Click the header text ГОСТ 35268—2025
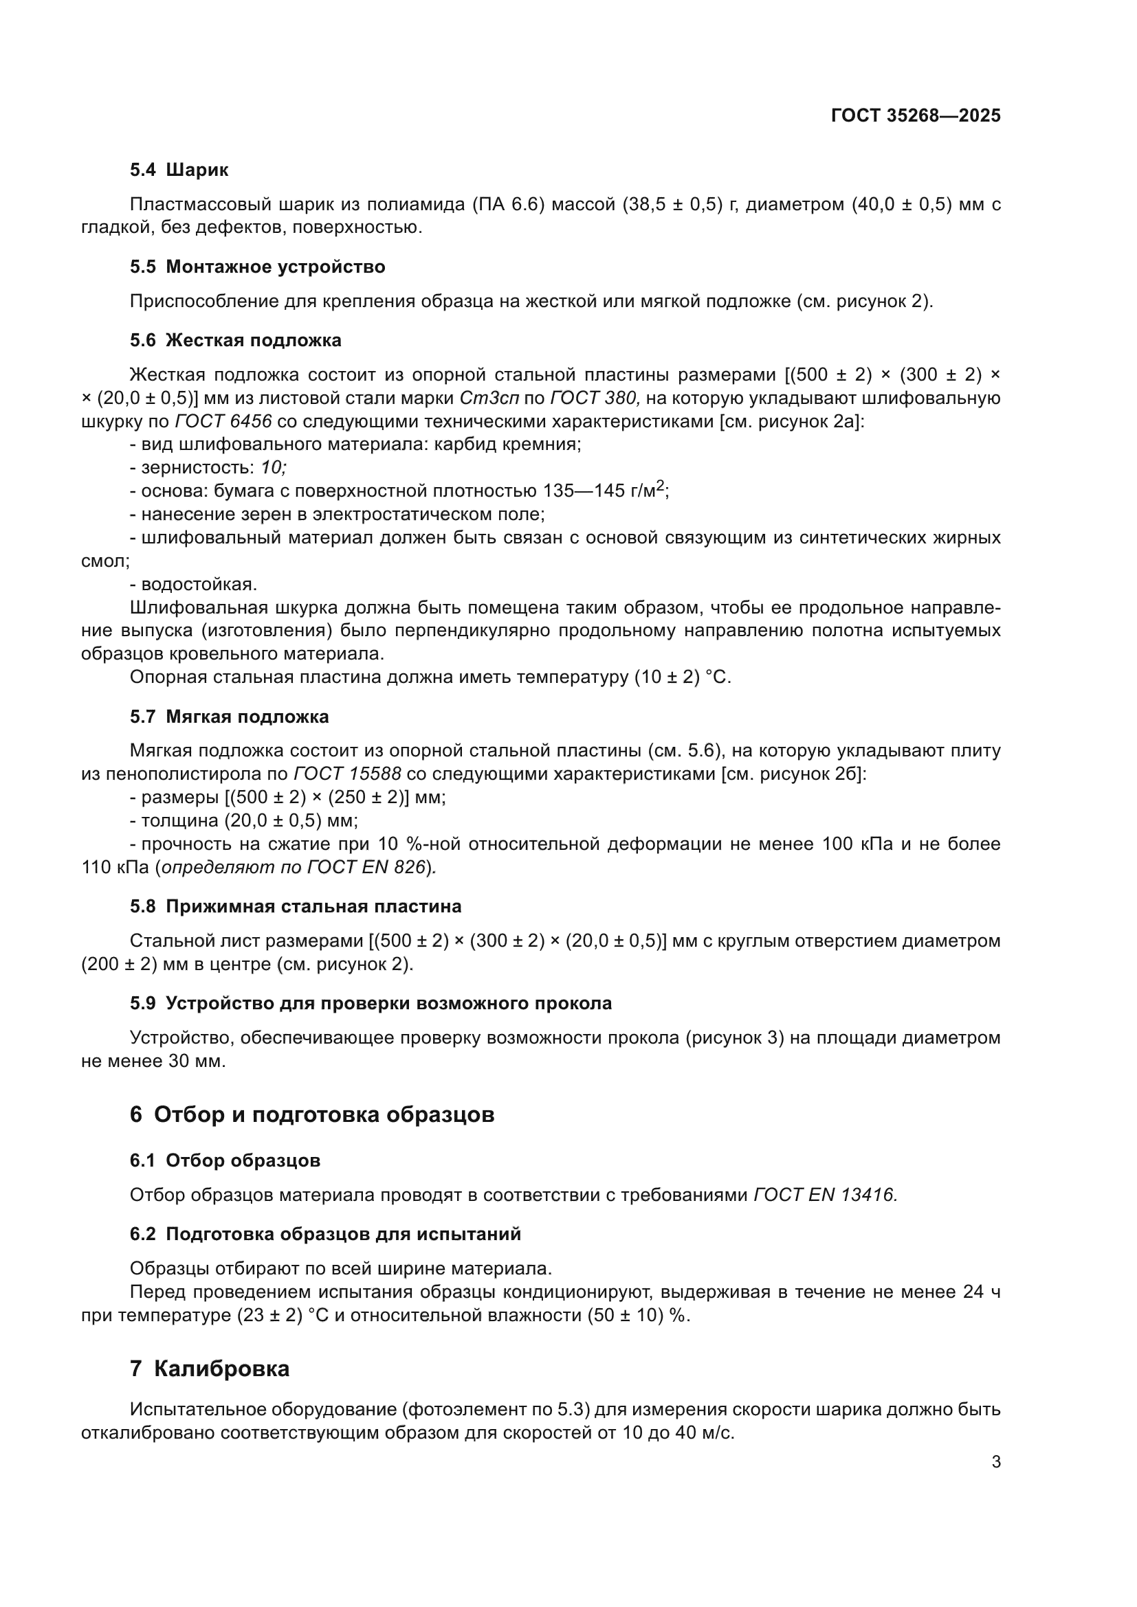pos(915,116)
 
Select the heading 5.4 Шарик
pos(179,170)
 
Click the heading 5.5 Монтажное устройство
pos(258,267)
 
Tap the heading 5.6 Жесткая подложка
pos(235,340)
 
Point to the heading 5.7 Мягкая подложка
pos(229,717)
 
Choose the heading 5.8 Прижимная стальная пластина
pos(296,906)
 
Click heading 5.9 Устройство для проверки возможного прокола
pos(371,1003)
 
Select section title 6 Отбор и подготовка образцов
pos(311,1114)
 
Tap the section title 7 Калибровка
pos(210,1369)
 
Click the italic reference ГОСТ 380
pos(594,398)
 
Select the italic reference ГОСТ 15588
pos(347,774)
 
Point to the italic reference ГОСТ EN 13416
pos(825,1195)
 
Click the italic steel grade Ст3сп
pos(489,398)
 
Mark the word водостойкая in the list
pos(199,584)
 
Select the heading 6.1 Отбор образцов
pos(225,1160)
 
